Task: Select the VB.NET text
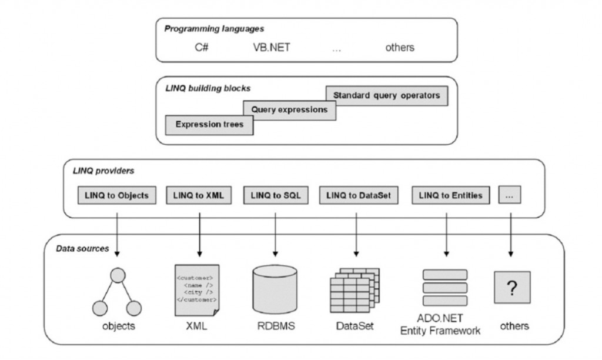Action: [267, 47]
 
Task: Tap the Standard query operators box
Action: [386, 95]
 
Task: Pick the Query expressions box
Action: [289, 110]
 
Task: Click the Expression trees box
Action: [209, 125]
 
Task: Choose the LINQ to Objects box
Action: [117, 195]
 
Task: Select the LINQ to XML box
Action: [199, 195]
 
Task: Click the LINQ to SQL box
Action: [275, 195]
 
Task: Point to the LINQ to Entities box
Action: [451, 195]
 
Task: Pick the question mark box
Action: [511, 287]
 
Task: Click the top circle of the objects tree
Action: [119, 275]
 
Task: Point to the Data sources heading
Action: [82, 248]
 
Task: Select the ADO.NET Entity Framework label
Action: [440, 325]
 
